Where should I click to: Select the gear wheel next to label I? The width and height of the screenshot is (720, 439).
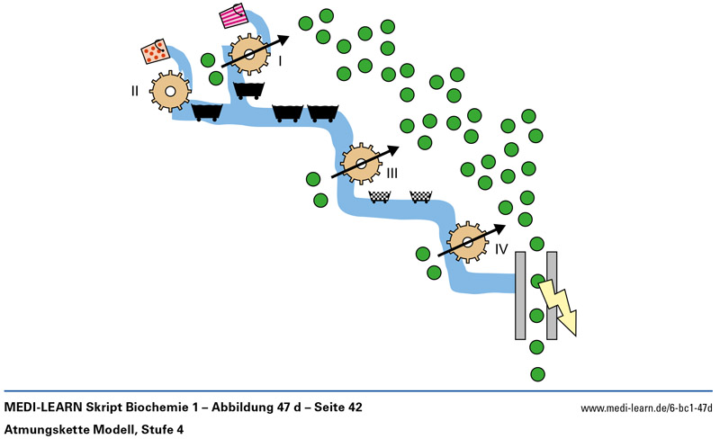[x=248, y=55]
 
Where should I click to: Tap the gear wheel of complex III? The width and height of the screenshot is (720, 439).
[x=361, y=164]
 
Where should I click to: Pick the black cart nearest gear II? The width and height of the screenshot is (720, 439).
[x=207, y=112]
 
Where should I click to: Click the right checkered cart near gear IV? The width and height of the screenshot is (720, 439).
[x=420, y=196]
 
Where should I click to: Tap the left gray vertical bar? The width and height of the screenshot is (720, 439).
[x=520, y=295]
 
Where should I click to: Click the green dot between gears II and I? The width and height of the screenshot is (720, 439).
[x=208, y=61]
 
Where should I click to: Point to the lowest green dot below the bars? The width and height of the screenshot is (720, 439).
[x=537, y=373]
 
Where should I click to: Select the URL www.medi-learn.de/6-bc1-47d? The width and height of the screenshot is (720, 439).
[x=646, y=408]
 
